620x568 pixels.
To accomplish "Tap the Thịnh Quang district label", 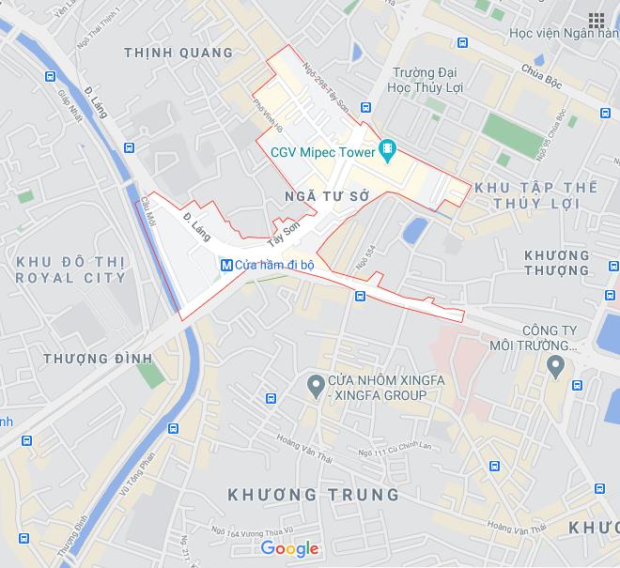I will point(178,53).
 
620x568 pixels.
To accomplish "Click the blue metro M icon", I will point(225,265).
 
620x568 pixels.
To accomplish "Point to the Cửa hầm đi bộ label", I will point(274,265).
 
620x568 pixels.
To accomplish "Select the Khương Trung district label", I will point(314,495).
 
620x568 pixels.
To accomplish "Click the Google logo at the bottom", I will point(289,548).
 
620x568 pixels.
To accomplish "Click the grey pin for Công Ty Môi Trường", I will point(556,364).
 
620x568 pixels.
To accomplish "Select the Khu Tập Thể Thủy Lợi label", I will point(535,196).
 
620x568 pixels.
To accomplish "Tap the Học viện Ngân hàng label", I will point(564,34).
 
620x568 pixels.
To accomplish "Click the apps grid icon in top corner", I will point(596,20).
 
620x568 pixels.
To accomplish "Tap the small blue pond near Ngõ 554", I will point(413,228).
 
